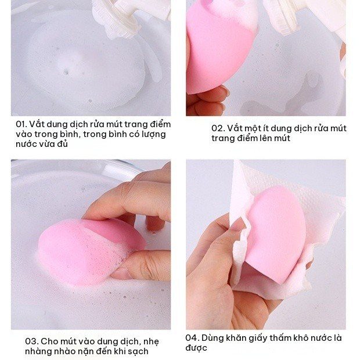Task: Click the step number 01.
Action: click(21, 124)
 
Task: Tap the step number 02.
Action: click(218, 128)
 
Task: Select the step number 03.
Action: click(31, 341)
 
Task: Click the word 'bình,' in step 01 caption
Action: click(70, 134)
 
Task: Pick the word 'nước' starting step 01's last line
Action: click(24, 145)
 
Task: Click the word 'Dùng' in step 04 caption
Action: click(213, 338)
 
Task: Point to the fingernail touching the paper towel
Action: click(237, 224)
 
